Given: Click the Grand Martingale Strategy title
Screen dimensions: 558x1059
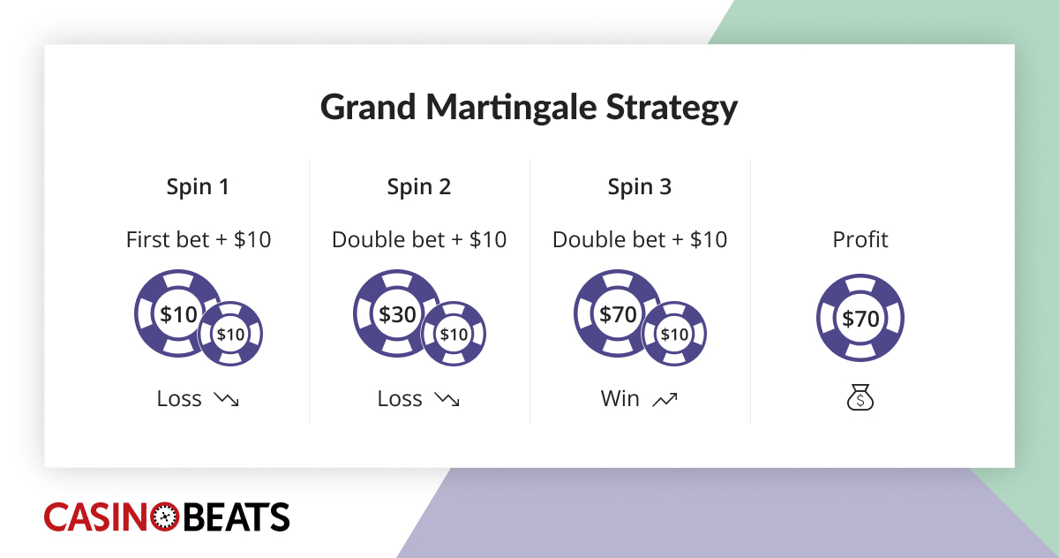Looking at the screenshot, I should click(529, 108).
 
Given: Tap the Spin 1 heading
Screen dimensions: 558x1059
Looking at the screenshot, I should click(199, 187).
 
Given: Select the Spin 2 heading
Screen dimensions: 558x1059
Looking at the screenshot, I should click(419, 187).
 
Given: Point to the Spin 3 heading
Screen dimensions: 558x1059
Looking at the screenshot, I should click(640, 187).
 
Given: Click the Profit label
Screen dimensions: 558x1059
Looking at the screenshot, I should click(860, 239).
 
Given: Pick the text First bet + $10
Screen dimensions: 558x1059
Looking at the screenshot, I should click(199, 239).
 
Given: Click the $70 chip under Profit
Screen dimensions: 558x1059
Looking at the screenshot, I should click(860, 319).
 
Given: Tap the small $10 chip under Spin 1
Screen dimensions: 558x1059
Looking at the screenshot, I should click(230, 335).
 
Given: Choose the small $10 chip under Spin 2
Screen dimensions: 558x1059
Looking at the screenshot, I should click(454, 335).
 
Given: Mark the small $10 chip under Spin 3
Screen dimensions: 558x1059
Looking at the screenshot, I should click(674, 335).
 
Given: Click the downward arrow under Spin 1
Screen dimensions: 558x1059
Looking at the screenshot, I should click(227, 400).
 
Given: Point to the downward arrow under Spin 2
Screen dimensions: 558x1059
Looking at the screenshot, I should click(447, 400).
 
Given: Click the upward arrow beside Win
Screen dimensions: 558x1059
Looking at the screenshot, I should click(665, 400).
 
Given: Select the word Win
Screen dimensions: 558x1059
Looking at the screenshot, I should click(620, 399).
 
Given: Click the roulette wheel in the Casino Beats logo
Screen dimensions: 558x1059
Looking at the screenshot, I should click(165, 517).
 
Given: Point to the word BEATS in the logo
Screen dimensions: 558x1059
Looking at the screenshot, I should click(235, 517).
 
